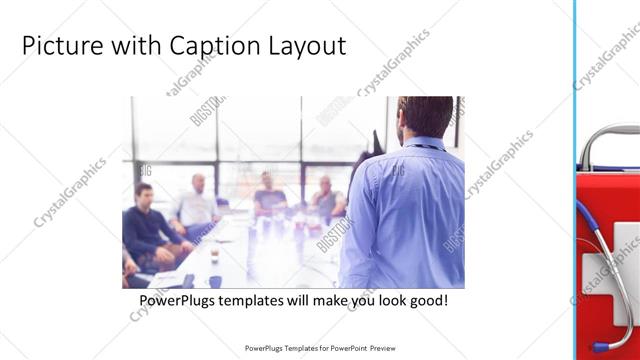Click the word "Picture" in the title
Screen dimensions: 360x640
[56, 46]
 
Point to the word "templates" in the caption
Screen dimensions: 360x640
[257, 300]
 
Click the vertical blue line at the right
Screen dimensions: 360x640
[575, 180]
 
